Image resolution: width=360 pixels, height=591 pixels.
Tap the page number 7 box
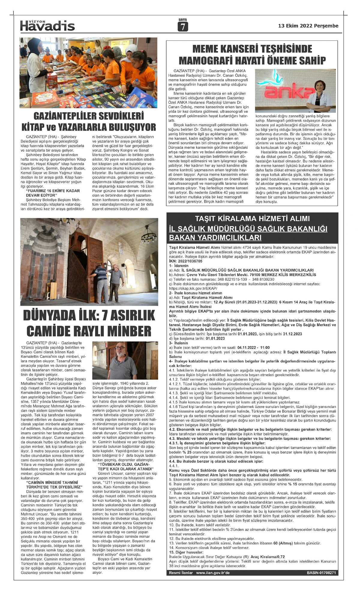[x=182, y=27]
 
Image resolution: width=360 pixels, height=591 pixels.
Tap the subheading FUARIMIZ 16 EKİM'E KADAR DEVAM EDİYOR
[x=53, y=193]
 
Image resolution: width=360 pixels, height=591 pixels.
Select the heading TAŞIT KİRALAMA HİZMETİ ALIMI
[x=252, y=218]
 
